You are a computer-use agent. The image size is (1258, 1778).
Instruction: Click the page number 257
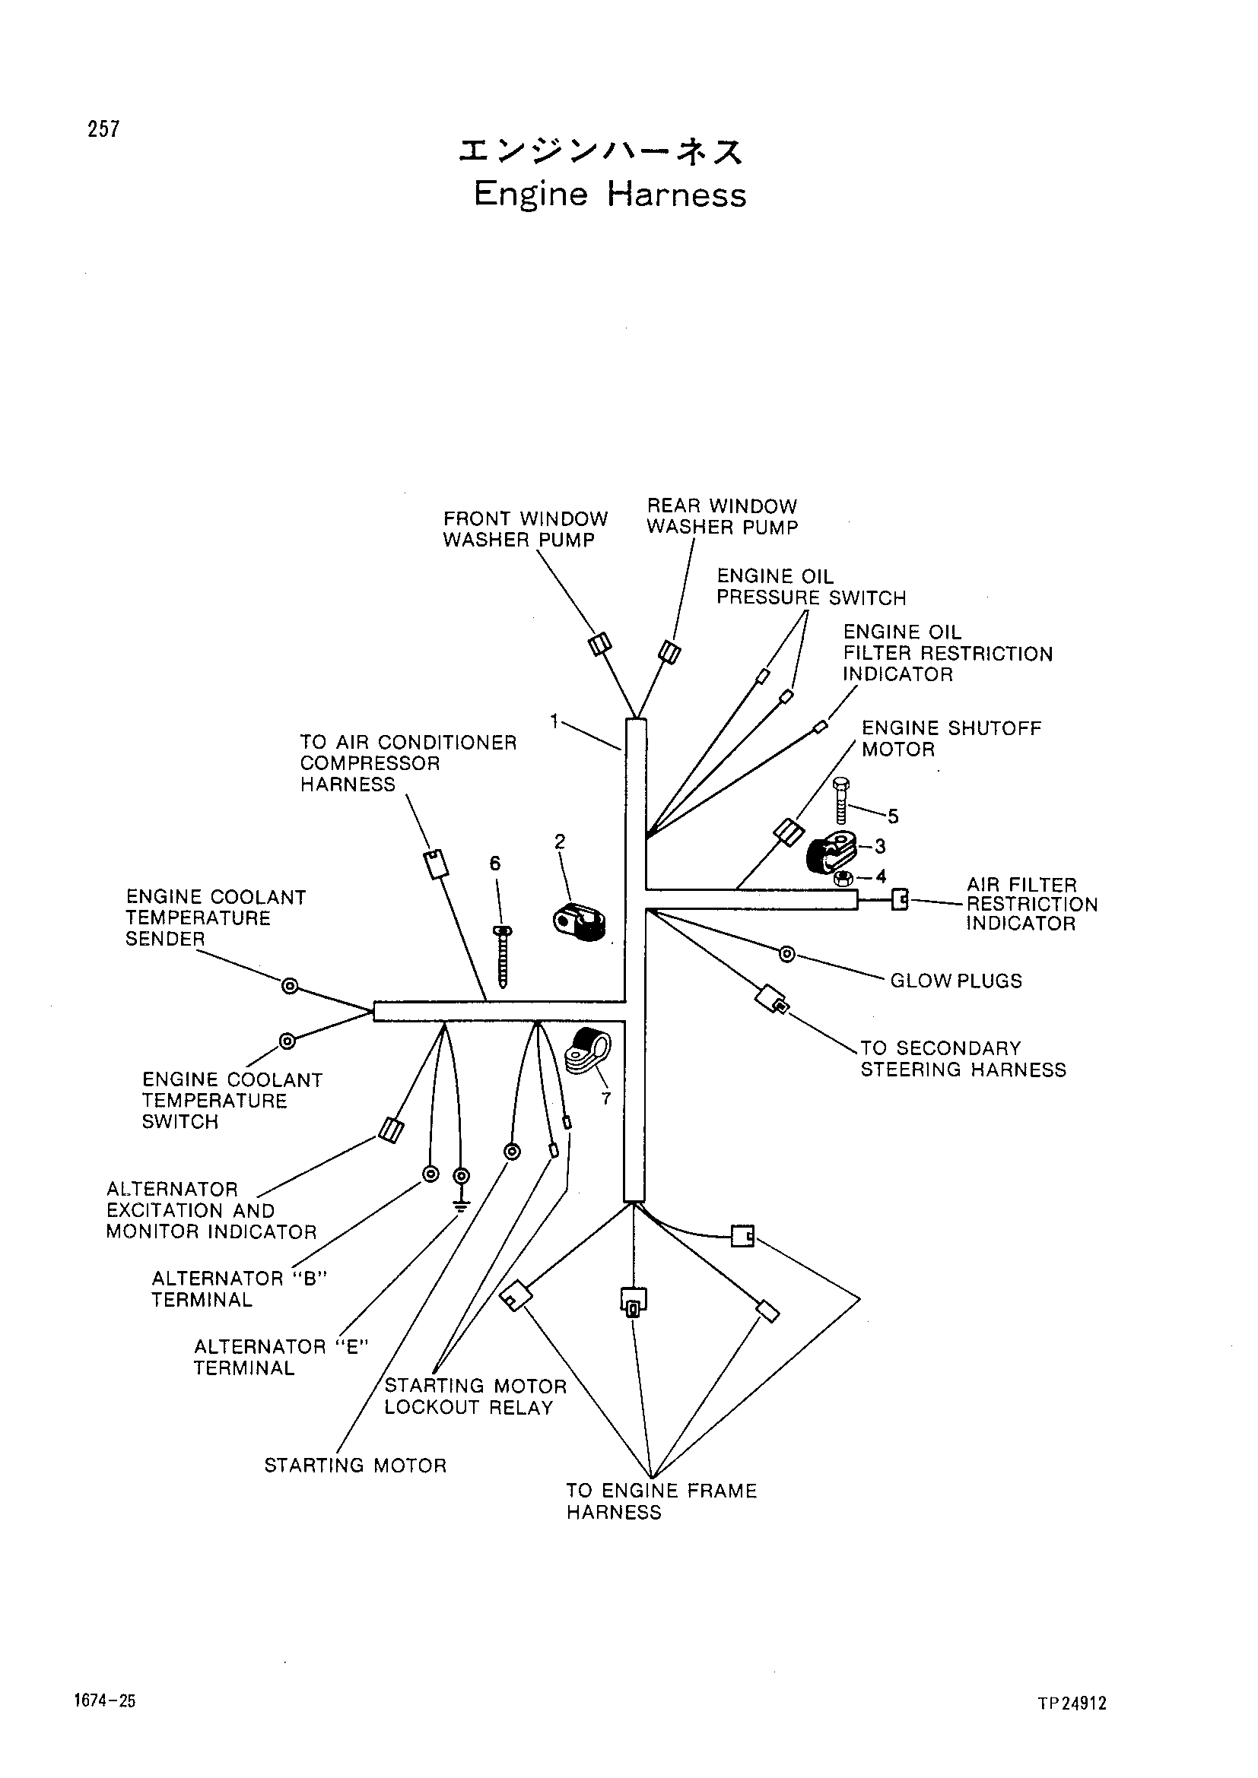103,128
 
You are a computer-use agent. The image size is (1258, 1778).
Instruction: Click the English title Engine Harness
610,195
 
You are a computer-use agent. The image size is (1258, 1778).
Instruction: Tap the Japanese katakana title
601,152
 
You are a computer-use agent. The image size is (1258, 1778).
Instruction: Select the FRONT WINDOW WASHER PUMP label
526,530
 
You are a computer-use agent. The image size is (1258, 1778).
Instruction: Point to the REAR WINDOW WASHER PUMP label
722,516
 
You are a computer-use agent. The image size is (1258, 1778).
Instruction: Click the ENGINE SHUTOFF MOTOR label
951,739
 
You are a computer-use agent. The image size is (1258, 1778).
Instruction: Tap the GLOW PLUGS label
956,981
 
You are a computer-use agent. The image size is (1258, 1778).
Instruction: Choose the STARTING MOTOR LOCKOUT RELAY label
475,1396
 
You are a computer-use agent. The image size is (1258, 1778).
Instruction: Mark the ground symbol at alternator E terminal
461,1206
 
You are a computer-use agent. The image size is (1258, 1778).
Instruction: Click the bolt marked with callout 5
842,800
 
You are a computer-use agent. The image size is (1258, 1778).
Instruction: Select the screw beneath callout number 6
503,957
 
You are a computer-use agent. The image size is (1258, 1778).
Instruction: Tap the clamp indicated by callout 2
580,921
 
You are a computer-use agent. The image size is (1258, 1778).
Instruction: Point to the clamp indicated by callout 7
588,1051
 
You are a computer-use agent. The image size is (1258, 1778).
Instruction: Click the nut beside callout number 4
844,879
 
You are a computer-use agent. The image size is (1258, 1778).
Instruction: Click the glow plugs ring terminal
787,954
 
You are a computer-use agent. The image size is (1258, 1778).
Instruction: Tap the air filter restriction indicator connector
899,900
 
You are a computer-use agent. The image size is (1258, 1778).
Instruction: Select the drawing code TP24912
1072,1703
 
